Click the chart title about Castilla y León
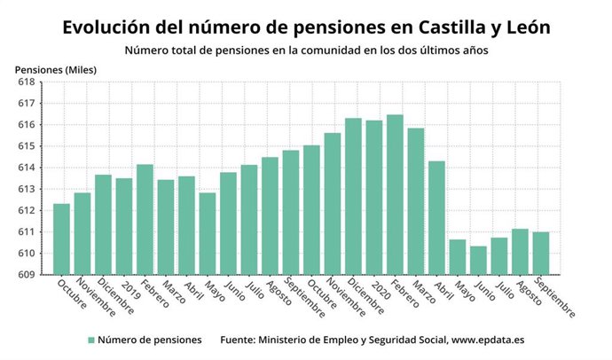point(306,27)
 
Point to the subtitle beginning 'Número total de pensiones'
point(306,50)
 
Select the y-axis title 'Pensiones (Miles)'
point(56,69)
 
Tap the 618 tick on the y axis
point(26,82)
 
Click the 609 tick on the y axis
point(26,274)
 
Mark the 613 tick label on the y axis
point(26,189)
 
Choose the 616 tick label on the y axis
point(26,124)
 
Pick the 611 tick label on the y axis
point(26,231)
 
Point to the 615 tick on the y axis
point(26,146)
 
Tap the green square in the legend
point(90,340)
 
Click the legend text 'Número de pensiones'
point(150,340)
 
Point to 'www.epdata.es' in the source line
point(492,340)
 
